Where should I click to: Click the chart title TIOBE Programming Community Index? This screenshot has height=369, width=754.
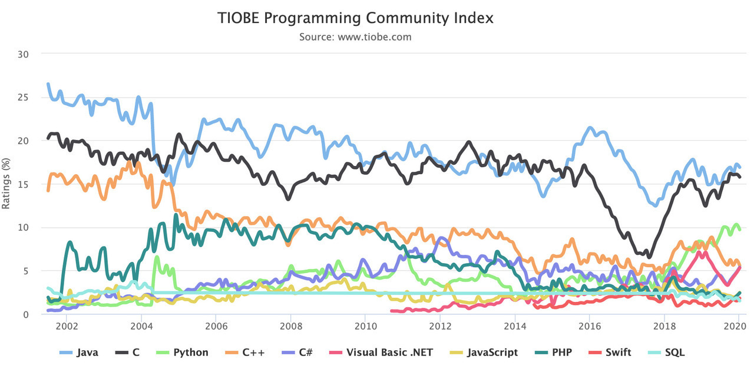(x=355, y=18)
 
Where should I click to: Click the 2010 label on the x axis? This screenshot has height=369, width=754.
(x=365, y=326)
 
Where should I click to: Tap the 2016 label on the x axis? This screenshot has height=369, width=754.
(x=589, y=326)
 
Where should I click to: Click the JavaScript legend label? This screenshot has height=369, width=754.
(x=492, y=353)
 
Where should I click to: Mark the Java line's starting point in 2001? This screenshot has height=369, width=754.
(x=48, y=84)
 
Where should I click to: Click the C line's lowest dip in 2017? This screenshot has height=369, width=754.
(x=649, y=257)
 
